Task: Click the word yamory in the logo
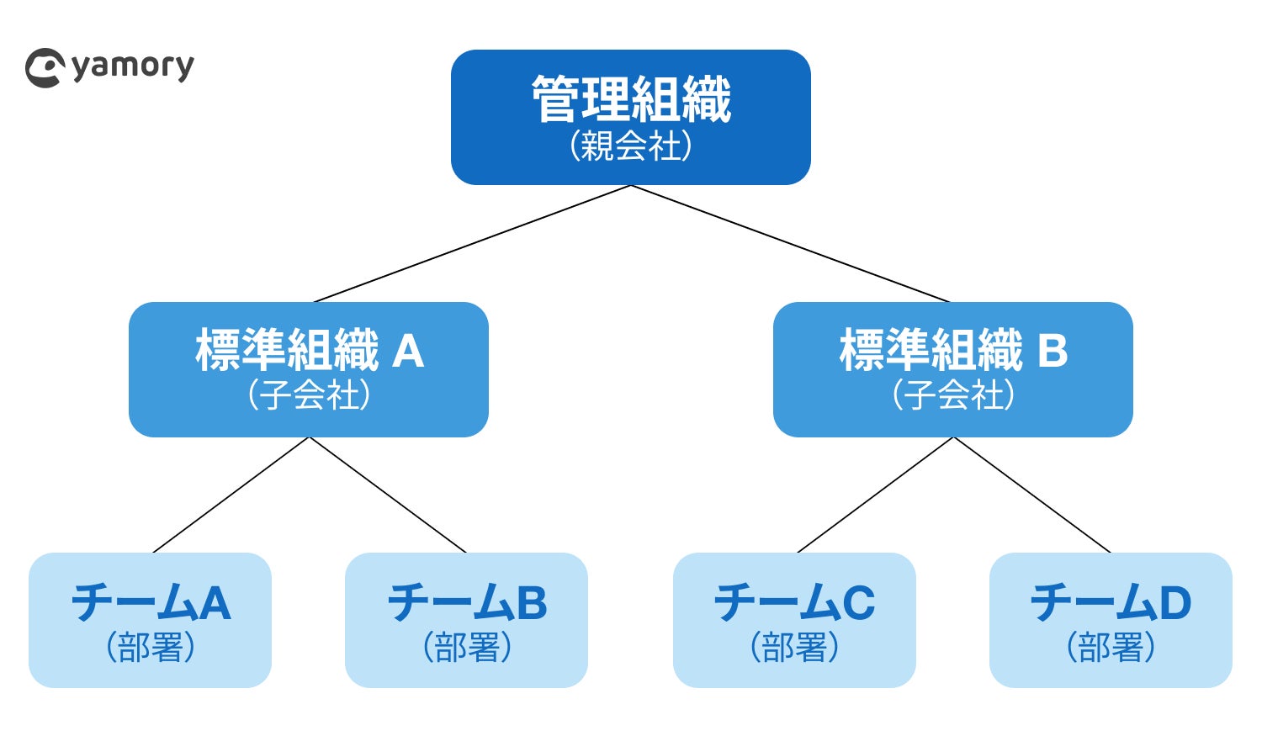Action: [133, 67]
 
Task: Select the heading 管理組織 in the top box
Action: [631, 99]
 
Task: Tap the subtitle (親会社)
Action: [631, 146]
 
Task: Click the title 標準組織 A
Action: [310, 350]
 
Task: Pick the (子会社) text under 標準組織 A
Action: [310, 394]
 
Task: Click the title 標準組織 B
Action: [953, 350]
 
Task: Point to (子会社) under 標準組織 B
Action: [953, 394]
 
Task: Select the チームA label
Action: [151, 602]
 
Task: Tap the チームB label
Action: [467, 602]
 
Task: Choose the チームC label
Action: [794, 602]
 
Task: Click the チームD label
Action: [1111, 602]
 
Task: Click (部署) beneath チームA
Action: [151, 647]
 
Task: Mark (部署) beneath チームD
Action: [1111, 647]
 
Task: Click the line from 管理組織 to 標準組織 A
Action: [472, 243]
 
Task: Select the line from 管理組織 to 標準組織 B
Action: [790, 243]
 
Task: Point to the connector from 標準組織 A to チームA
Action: [231, 495]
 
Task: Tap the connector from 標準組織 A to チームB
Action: [388, 495]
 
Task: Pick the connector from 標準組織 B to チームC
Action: [875, 495]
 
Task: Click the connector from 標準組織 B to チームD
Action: [1032, 495]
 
